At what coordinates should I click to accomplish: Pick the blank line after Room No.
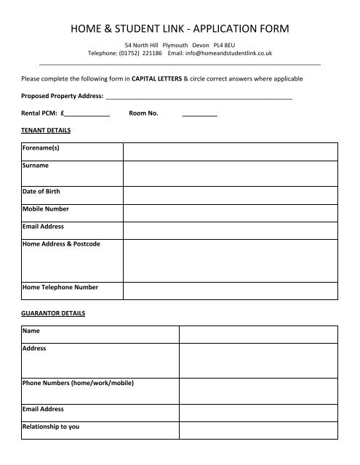pos(199,114)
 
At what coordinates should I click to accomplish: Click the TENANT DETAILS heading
pos(46,131)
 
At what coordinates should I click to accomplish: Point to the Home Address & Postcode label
pos(61,243)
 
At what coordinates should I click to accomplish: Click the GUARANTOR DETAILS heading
pos(53,313)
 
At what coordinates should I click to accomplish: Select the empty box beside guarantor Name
pos(258,333)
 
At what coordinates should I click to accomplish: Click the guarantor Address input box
pos(258,360)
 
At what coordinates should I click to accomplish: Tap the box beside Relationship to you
pos(258,430)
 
